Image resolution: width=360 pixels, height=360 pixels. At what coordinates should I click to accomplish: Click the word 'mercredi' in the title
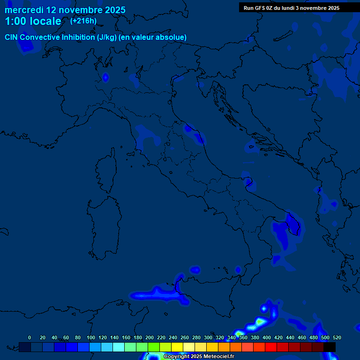24,10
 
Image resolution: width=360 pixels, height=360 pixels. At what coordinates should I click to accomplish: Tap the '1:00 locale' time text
33,22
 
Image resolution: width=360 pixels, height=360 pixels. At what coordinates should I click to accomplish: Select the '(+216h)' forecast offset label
83,21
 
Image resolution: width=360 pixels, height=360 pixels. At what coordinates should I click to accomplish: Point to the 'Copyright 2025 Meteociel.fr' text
199,357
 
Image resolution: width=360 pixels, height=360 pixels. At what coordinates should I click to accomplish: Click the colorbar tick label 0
30,337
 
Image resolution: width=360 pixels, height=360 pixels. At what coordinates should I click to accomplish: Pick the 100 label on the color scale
90,337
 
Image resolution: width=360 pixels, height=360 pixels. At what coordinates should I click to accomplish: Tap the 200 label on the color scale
150,337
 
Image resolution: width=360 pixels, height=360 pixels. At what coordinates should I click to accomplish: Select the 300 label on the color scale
208,337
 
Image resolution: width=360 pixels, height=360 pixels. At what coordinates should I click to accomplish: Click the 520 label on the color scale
337,337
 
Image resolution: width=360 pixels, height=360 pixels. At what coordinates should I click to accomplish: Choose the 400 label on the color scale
266,337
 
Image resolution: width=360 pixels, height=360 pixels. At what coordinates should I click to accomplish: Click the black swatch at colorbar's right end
330,347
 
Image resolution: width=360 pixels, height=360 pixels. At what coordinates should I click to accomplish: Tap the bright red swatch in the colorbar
271,347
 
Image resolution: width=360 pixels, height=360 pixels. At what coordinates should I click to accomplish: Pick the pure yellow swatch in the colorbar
177,347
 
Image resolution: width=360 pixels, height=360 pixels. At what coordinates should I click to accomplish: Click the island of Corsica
107,169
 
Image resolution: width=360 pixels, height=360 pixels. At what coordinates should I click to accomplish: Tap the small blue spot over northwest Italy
105,77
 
